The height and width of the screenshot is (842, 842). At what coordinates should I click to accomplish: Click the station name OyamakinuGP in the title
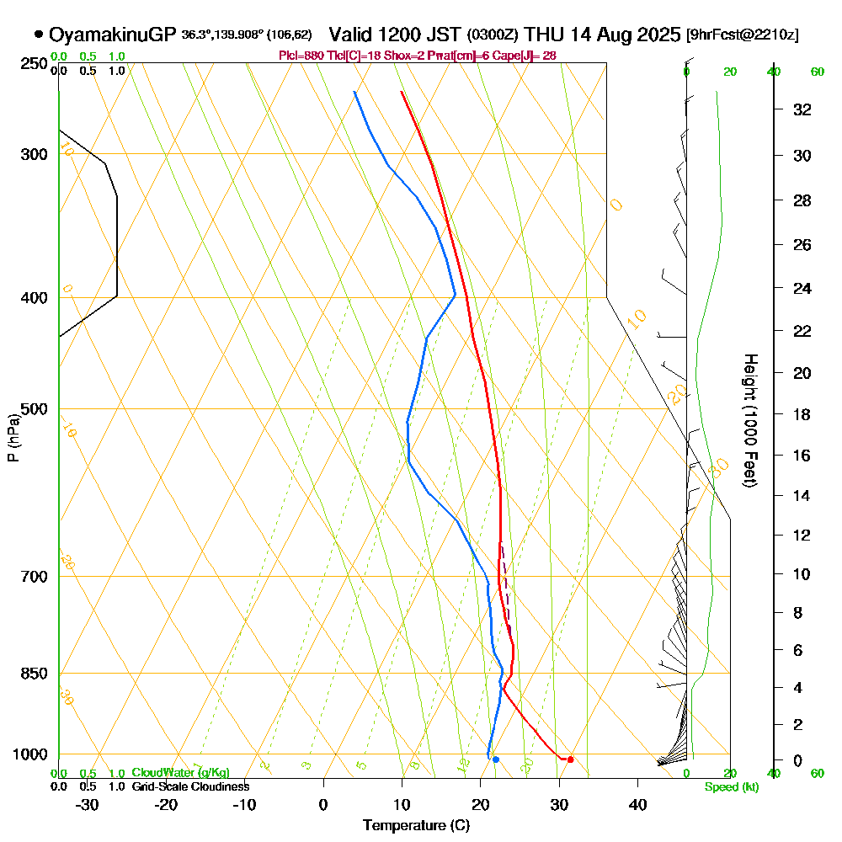click(113, 35)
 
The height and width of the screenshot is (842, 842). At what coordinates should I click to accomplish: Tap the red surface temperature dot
click(571, 759)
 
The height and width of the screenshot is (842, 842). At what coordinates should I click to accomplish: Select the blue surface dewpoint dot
click(496, 759)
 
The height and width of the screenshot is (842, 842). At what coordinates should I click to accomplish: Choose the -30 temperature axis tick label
click(88, 804)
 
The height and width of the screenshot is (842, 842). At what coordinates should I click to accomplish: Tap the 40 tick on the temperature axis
click(637, 804)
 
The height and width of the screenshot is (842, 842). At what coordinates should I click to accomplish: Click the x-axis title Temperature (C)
click(416, 826)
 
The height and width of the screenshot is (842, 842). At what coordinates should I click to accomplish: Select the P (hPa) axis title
click(13, 438)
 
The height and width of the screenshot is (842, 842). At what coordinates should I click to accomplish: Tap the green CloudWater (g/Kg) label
click(180, 772)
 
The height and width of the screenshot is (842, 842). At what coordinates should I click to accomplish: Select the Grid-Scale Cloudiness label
click(189, 786)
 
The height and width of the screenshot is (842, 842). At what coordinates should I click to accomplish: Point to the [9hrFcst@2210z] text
click(743, 35)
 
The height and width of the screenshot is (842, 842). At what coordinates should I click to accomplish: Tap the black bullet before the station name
click(38, 35)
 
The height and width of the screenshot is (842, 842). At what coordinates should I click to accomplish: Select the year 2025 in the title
click(657, 35)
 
